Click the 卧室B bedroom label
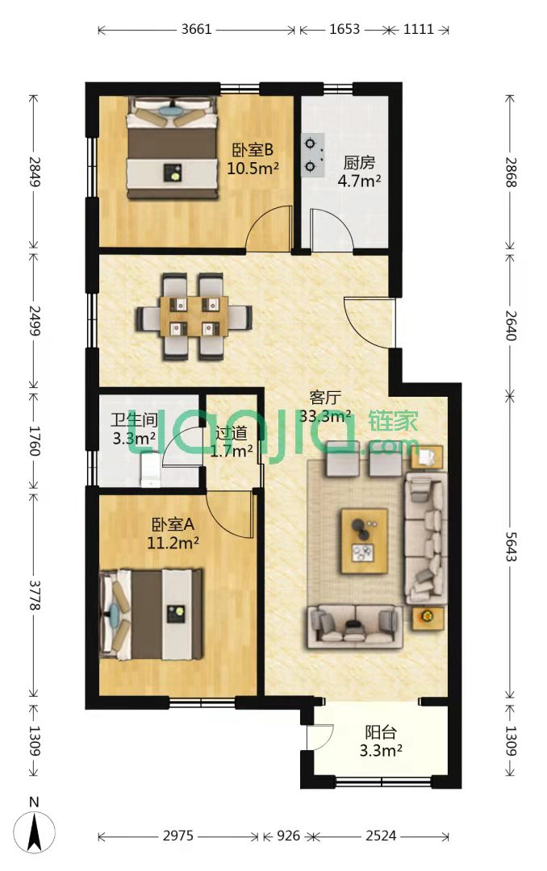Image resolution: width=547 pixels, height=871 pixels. [x=253, y=150]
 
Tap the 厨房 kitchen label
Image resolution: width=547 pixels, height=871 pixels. [x=359, y=163]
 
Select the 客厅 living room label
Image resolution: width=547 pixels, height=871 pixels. [x=325, y=398]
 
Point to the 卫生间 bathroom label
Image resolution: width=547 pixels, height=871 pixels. [x=134, y=420]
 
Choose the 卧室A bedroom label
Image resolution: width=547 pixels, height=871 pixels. [x=173, y=524]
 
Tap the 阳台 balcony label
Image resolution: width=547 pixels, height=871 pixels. [x=381, y=732]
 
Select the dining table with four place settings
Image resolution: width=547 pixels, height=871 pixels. [x=194, y=316]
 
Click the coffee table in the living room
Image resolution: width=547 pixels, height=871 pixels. [x=364, y=540]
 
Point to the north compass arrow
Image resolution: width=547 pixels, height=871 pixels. [x=35, y=831]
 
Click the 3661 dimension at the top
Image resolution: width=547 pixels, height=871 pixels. [x=196, y=29]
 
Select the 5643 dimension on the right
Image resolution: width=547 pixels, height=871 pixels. [x=511, y=546]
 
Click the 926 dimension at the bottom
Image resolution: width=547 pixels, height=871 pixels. [x=288, y=836]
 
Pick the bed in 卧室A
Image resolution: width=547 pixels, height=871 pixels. [x=150, y=613]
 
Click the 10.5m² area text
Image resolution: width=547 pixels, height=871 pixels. [x=253, y=168]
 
